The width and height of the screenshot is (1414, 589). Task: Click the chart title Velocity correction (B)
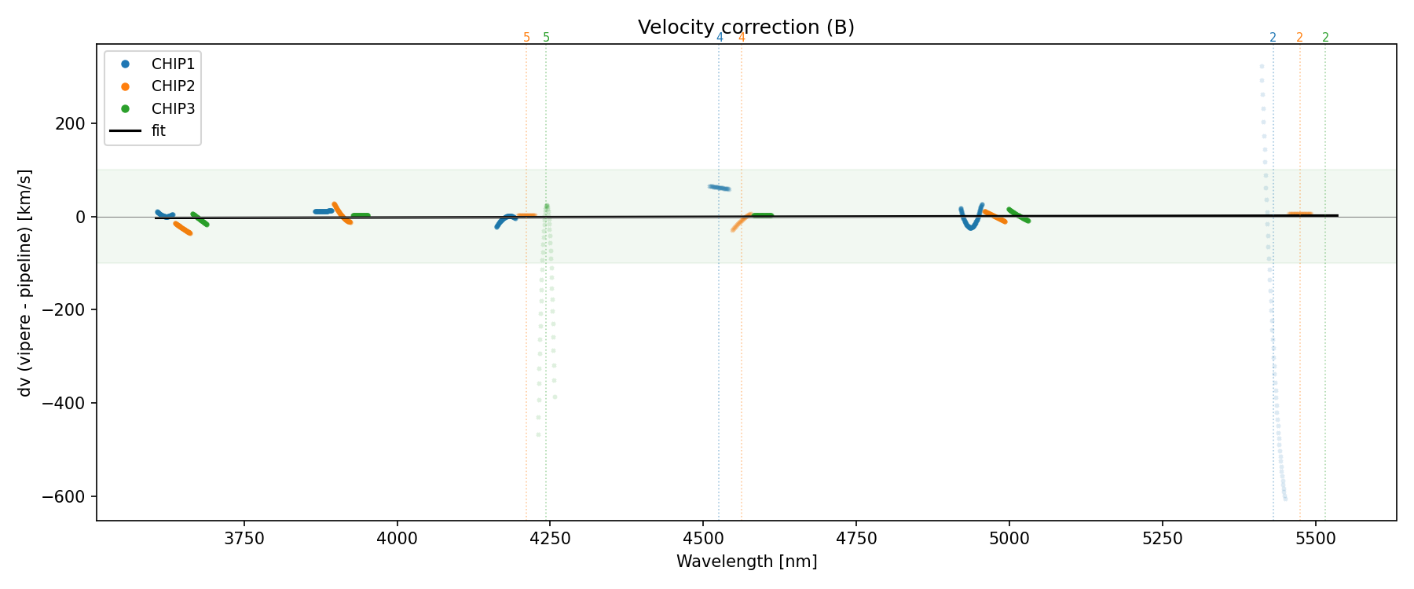745,27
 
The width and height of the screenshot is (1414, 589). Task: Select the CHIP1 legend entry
173,64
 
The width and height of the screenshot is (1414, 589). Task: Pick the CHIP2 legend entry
173,86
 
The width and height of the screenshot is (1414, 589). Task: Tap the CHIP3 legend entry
173,108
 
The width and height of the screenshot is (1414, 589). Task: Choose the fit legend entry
159,131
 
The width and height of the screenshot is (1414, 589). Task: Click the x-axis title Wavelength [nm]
746,562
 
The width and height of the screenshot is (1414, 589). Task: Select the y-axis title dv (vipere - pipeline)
25,283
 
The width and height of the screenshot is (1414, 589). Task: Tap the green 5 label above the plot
547,38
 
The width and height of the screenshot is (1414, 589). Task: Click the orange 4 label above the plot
742,38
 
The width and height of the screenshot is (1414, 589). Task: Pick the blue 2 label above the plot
1273,38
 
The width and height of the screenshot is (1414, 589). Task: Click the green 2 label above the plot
1325,38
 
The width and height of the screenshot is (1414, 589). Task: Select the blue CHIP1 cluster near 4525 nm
720,188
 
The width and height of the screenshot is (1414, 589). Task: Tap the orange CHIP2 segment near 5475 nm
1299,214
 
